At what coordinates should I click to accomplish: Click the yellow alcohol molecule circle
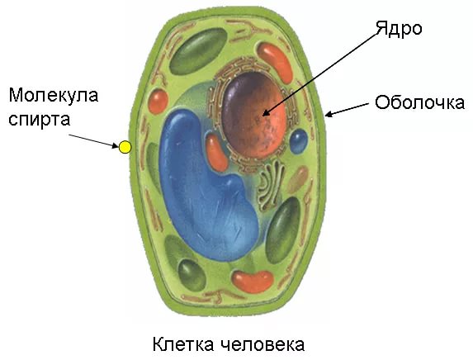click(x=125, y=147)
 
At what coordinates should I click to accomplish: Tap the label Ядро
click(x=399, y=29)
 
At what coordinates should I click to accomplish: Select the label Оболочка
click(x=419, y=102)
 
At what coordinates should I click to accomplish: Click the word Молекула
click(x=54, y=96)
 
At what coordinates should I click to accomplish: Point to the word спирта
click(x=40, y=120)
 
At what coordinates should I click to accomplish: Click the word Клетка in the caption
click(x=183, y=344)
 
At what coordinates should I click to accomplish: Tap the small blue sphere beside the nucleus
click(x=299, y=141)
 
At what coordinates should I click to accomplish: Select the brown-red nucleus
click(x=253, y=116)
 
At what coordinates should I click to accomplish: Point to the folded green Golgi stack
click(x=270, y=185)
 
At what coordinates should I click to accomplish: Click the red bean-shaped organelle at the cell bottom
click(x=253, y=282)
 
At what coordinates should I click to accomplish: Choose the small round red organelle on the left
click(x=158, y=101)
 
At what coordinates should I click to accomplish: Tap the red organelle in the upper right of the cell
click(x=275, y=62)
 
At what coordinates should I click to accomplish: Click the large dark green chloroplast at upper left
click(x=198, y=51)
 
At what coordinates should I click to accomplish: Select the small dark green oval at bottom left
click(x=192, y=275)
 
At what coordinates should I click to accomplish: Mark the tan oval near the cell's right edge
click(x=297, y=180)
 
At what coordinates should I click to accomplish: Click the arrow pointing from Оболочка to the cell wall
click(x=347, y=109)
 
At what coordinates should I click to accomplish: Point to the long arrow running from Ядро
click(x=320, y=73)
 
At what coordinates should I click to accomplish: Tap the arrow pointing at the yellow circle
click(x=94, y=141)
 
